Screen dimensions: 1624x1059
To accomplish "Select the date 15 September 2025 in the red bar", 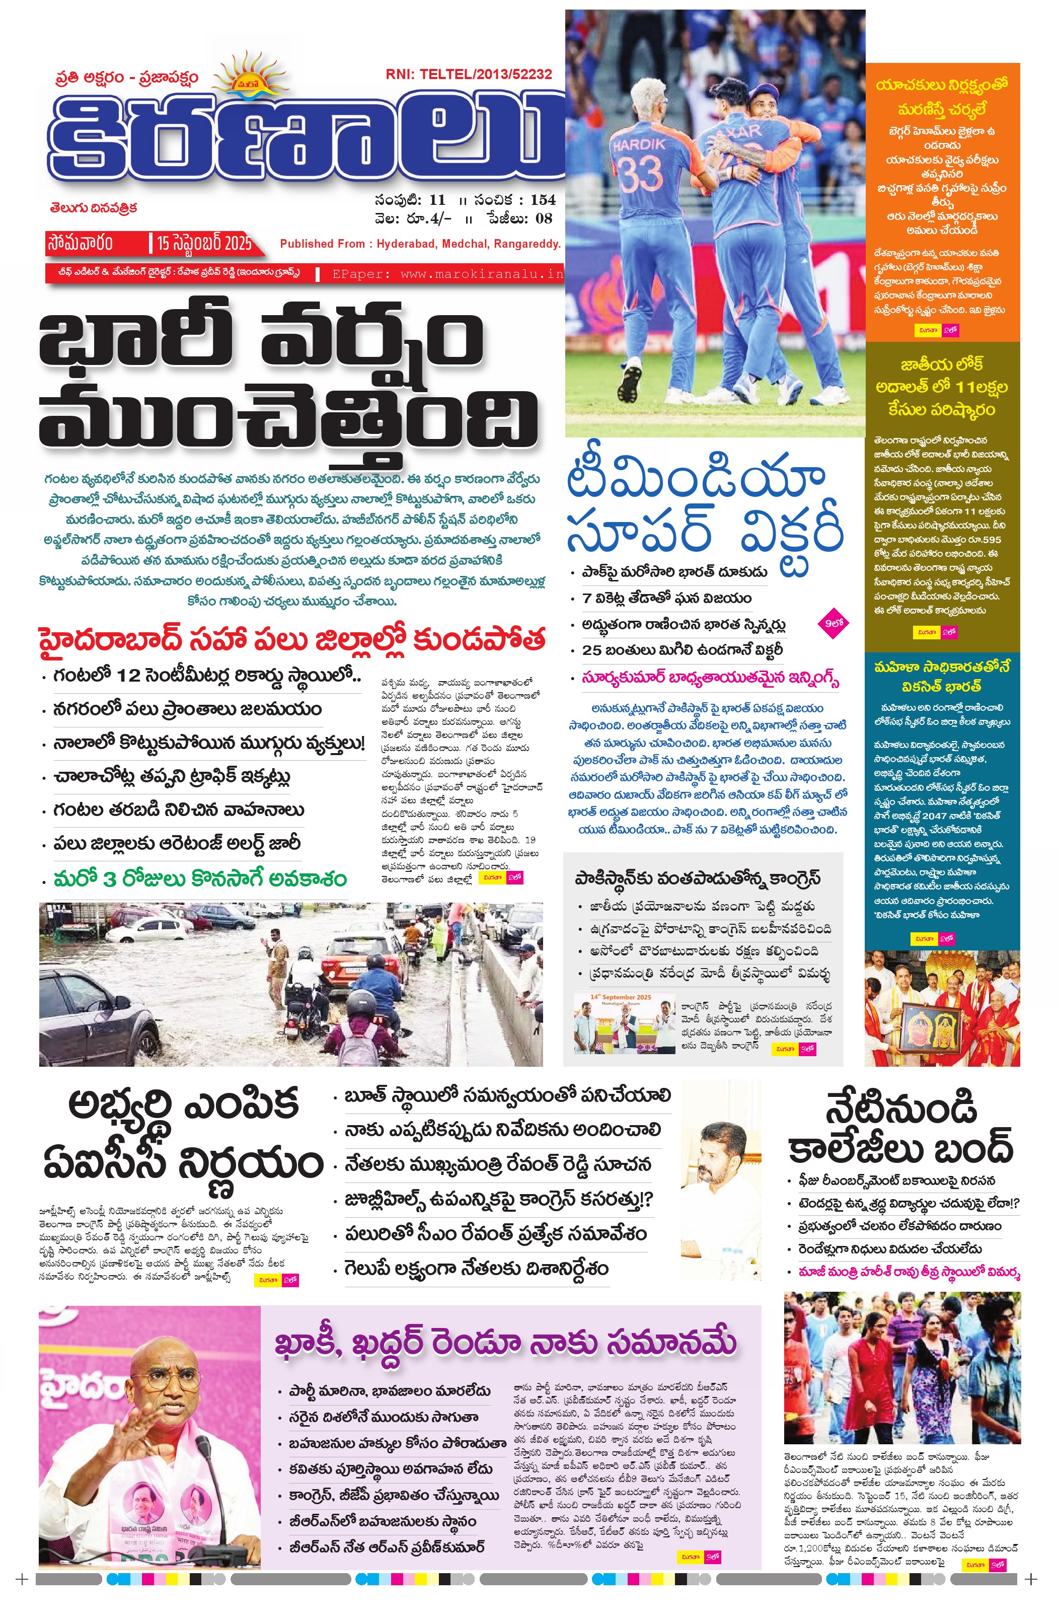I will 203,243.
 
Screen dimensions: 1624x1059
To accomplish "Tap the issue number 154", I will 543,200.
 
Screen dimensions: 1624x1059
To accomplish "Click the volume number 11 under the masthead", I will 437,200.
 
